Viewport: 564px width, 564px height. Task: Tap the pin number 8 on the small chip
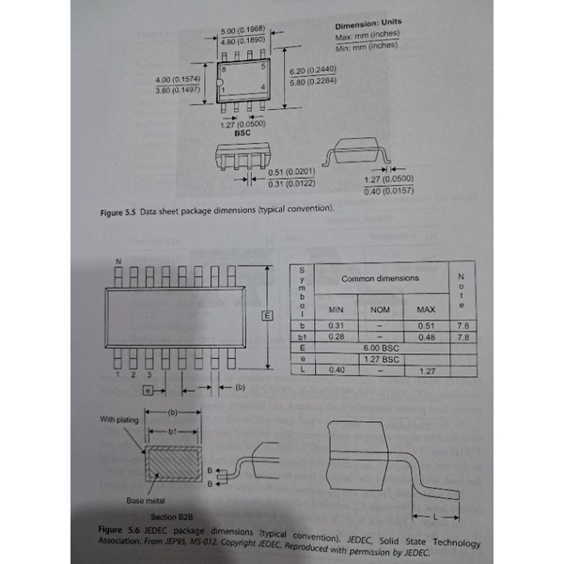pyautogui.click(x=224, y=70)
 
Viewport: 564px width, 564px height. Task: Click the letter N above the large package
pyautogui.click(x=117, y=259)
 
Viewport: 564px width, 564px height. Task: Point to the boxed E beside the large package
pyautogui.click(x=266, y=317)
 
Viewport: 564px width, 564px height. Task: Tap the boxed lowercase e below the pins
pyautogui.click(x=147, y=387)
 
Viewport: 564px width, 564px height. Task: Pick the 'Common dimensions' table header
pyautogui.click(x=380, y=278)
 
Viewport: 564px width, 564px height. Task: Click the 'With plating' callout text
pyautogui.click(x=119, y=419)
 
